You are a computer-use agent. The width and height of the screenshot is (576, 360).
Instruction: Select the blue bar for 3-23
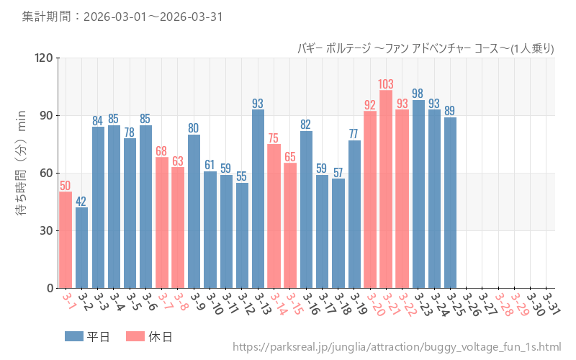[x=418, y=194]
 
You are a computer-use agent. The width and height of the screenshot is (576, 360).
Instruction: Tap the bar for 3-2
[x=82, y=248]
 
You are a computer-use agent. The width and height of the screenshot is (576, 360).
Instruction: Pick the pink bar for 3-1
[x=66, y=240]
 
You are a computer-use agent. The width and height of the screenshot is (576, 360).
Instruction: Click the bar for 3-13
[x=258, y=199]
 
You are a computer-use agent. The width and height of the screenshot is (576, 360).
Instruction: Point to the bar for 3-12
[x=242, y=235]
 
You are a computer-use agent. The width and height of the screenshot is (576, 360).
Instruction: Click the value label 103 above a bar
[x=386, y=84]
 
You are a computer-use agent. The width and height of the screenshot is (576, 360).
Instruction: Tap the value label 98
[x=418, y=94]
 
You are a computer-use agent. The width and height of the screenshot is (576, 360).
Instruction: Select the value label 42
[x=82, y=201]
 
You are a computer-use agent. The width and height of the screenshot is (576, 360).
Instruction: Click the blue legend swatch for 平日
[x=74, y=336]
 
